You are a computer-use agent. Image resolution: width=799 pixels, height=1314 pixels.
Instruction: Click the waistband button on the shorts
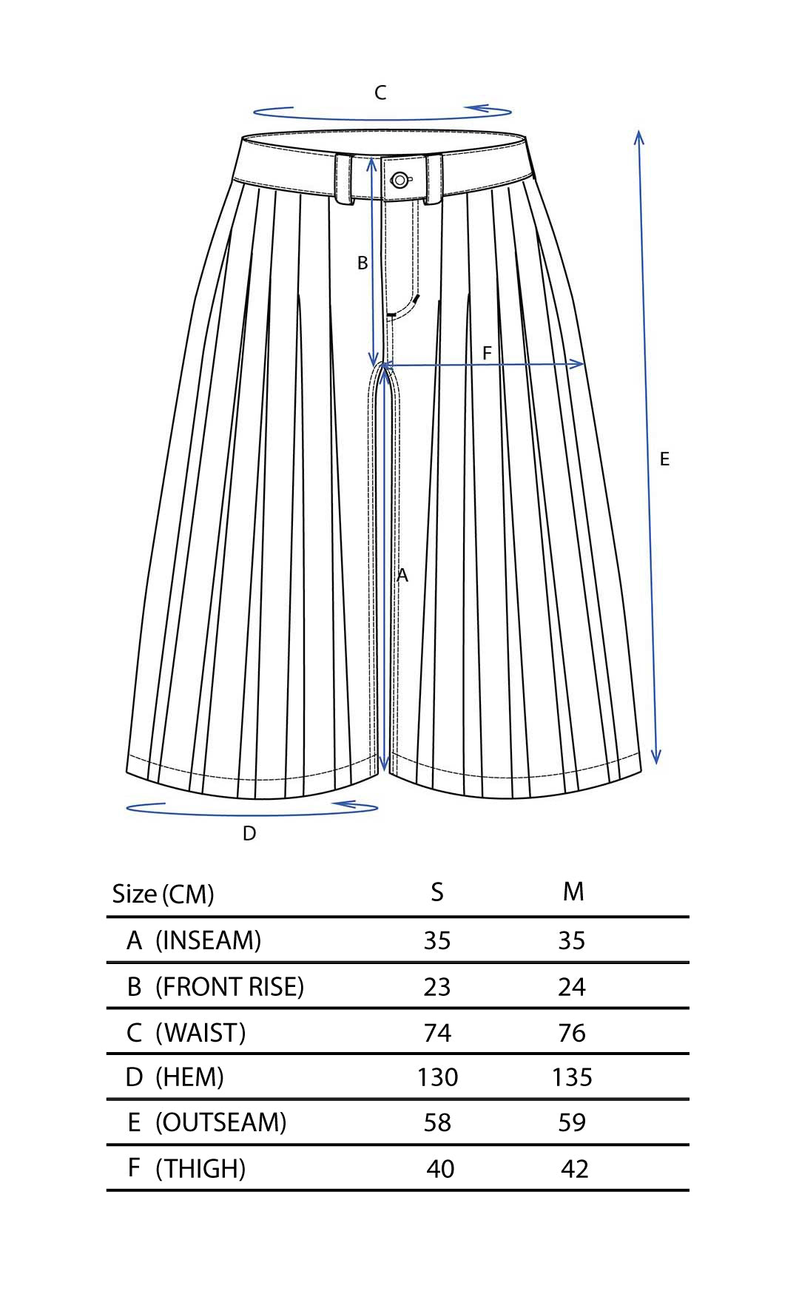(x=399, y=180)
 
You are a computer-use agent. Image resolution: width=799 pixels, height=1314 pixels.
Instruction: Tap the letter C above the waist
(x=380, y=92)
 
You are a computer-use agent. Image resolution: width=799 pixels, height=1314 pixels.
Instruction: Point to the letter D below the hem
(x=249, y=834)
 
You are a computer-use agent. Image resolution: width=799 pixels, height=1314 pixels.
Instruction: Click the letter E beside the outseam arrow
(x=664, y=459)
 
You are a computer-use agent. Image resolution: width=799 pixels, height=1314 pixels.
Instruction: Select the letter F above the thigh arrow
(x=487, y=353)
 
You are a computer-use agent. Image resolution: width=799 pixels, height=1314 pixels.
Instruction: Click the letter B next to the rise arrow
(x=363, y=263)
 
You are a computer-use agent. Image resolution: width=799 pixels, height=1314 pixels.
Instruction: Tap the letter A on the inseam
(x=402, y=575)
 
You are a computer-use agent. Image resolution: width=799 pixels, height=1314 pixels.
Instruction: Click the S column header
(x=437, y=892)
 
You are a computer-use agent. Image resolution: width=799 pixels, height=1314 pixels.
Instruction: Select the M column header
(x=573, y=892)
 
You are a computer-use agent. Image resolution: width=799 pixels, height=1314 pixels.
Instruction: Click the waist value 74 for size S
(x=437, y=1033)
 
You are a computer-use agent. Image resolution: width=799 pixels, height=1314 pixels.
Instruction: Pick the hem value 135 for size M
(x=572, y=1077)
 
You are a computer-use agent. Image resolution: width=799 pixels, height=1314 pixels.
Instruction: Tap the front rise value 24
(x=572, y=987)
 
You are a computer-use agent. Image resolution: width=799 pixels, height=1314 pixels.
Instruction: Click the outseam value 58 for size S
(x=437, y=1122)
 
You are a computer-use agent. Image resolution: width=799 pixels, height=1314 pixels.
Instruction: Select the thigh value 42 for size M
(x=575, y=1169)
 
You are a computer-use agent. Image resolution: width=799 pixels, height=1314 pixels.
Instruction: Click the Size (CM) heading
(x=163, y=894)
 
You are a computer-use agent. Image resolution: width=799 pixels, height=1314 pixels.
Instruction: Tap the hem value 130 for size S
(x=437, y=1077)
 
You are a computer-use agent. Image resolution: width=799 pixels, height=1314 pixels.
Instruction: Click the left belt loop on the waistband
(x=344, y=179)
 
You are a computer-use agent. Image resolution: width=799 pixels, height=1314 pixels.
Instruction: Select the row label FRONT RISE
(x=229, y=987)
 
